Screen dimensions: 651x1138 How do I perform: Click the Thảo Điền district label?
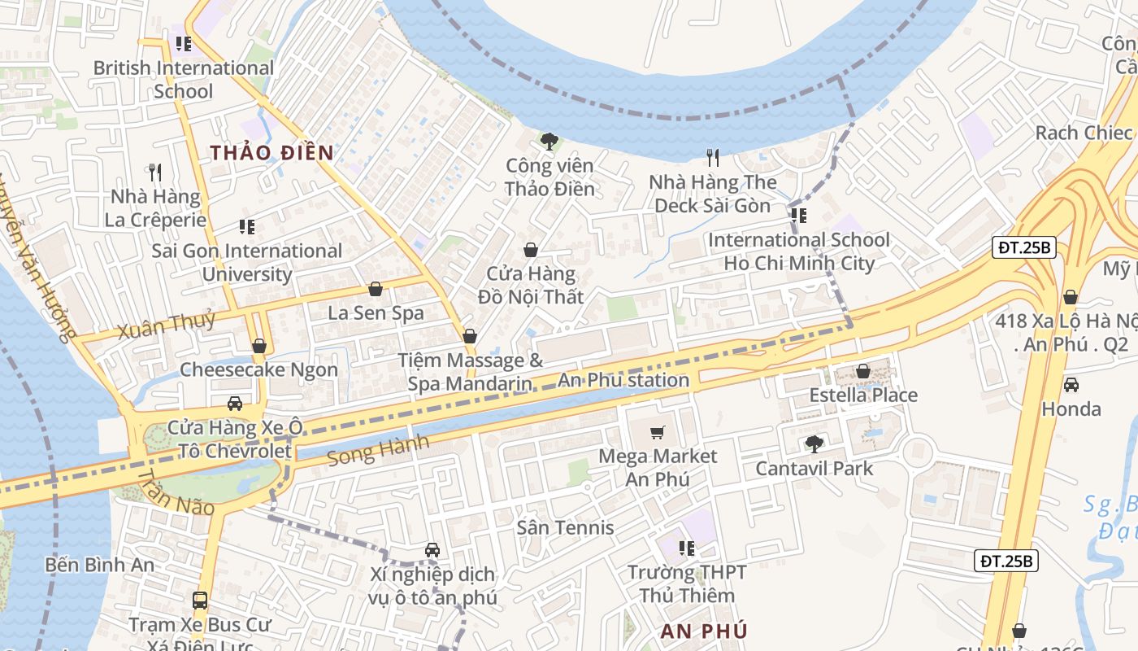point(272,153)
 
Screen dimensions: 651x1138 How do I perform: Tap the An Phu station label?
point(623,380)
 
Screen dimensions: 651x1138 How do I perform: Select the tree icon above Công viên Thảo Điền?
point(549,142)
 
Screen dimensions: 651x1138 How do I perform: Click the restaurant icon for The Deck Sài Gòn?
point(713,158)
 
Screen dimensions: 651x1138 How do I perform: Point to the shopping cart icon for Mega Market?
point(658,433)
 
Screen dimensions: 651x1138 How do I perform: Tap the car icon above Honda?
point(1071,385)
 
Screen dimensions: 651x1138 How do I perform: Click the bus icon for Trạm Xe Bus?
point(199,601)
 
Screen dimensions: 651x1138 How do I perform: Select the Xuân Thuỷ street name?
point(166,324)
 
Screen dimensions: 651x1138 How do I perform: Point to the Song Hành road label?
point(378,450)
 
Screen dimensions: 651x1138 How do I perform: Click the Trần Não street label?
point(175,492)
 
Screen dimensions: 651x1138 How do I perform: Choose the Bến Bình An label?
point(99,565)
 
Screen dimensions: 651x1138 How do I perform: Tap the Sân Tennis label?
point(566,527)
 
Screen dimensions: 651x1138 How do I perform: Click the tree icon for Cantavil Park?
point(814,444)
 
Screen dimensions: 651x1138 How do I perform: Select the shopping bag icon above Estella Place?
point(863,372)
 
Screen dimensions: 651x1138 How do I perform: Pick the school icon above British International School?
point(183,44)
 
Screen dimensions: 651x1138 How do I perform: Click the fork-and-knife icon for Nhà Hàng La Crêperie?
point(155,173)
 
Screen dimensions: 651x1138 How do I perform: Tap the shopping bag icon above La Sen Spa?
point(376,289)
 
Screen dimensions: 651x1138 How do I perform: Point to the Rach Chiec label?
point(1084,133)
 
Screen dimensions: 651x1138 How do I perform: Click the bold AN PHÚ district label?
point(704,631)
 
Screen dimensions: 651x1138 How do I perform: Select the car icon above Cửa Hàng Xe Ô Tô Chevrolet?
point(234,404)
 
